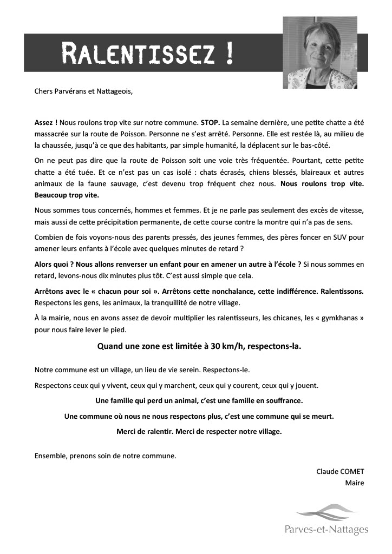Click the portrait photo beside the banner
point(319,52)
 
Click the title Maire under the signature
point(355,483)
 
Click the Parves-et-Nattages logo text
point(326,529)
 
